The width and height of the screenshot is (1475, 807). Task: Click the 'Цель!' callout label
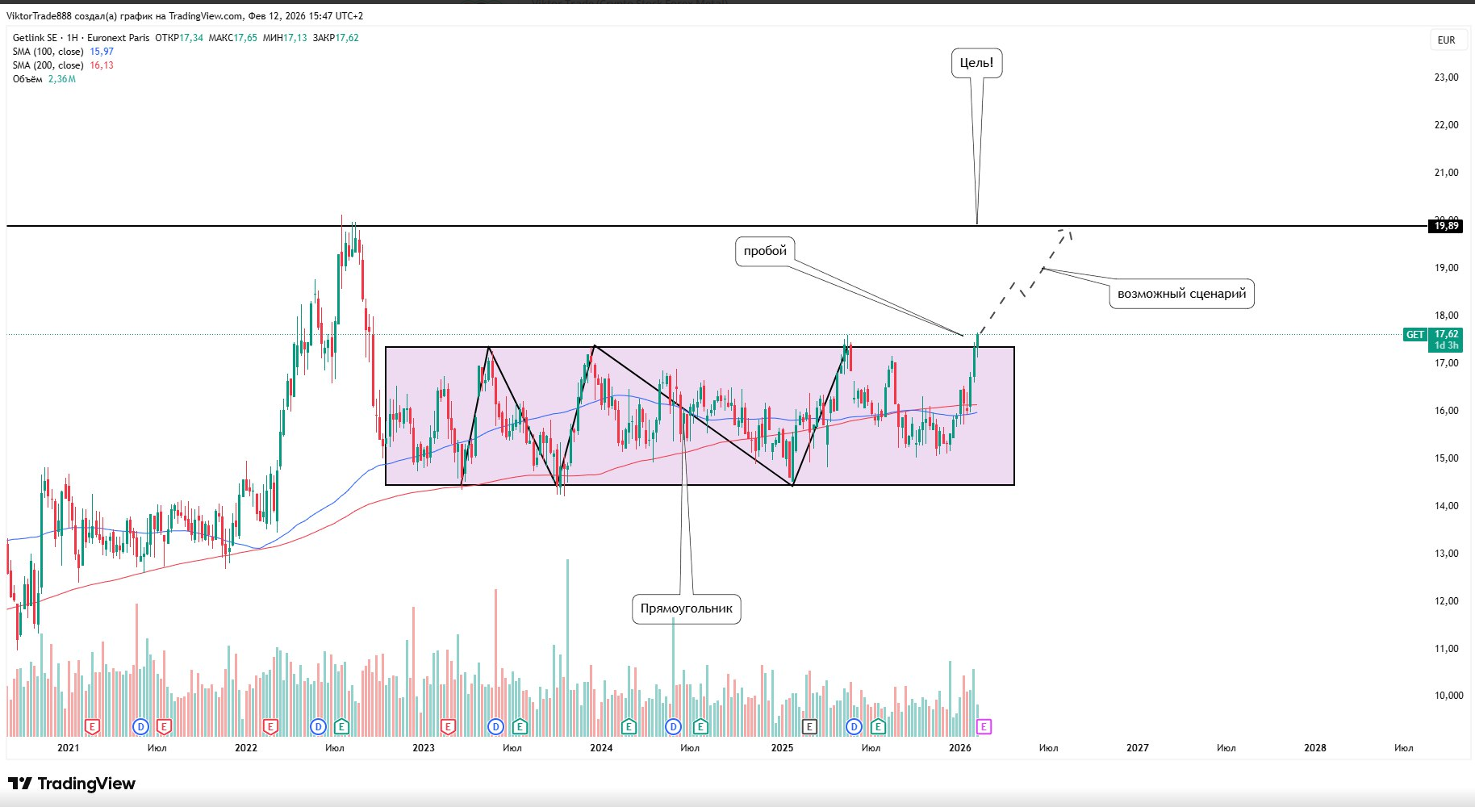976,63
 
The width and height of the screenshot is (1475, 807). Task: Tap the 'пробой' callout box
765,251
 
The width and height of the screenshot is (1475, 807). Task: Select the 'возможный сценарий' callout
1181,294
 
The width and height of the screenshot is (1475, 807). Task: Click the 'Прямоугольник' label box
686,608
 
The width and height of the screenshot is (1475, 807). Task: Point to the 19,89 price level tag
1446,226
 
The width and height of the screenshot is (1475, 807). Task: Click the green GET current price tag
1415,335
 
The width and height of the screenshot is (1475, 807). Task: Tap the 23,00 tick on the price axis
1446,77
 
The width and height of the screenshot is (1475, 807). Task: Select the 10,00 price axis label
1448,696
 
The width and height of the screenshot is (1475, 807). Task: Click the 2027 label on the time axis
1137,748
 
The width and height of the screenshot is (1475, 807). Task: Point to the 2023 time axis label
423,748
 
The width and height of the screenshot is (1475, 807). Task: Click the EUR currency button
1446,40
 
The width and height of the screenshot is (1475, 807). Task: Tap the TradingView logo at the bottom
72,784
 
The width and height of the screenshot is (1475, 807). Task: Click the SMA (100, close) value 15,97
102,52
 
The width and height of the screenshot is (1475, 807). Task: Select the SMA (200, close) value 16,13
102,65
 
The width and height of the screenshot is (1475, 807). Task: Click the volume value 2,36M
62,79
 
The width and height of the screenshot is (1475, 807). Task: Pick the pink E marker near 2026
984,727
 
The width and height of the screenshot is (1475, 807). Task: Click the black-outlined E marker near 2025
809,727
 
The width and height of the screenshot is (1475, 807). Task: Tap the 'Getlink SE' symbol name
35,38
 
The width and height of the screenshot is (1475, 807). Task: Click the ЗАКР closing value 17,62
347,38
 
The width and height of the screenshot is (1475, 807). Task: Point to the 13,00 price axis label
1446,554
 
